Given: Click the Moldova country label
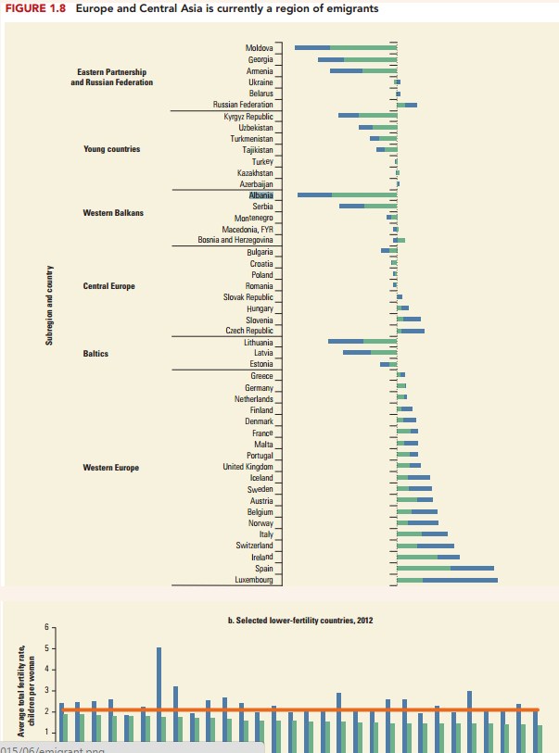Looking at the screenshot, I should click(259, 46).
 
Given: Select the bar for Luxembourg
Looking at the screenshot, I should click(447, 580).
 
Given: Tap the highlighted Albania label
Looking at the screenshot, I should click(260, 195).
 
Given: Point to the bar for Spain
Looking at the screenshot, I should click(445, 568).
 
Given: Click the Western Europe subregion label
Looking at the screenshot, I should click(111, 468).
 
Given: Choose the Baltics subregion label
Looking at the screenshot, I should click(95, 354).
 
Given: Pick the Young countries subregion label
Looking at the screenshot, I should click(111, 149).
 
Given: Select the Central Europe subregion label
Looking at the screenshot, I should click(108, 286).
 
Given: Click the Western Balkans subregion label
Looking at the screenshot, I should click(112, 213).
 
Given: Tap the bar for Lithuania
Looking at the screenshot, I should click(362, 341).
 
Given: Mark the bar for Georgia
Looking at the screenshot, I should click(357, 59).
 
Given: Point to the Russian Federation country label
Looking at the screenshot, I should click(243, 106).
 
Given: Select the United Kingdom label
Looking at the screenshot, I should click(248, 466).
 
